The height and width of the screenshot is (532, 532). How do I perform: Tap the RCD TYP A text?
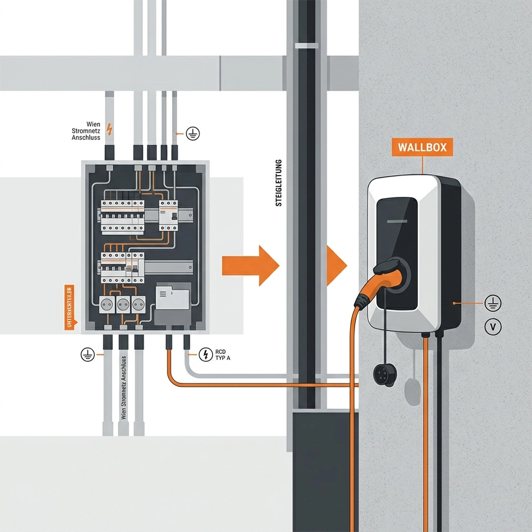tap(221, 355)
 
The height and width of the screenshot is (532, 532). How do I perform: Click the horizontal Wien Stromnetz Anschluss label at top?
tap(86, 131)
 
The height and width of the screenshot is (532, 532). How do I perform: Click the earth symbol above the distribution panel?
tap(193, 134)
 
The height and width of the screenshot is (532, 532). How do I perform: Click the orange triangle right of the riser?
tap(336, 264)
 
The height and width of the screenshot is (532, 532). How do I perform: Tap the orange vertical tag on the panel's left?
tap(69, 307)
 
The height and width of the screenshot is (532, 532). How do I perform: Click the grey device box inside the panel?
tap(172, 297)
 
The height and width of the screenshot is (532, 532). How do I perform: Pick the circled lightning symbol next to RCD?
tap(206, 355)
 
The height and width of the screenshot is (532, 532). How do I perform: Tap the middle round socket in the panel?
tap(123, 304)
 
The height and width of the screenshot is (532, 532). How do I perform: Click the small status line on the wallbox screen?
tap(397, 222)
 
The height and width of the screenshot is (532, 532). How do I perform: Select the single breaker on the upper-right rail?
tap(168, 216)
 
